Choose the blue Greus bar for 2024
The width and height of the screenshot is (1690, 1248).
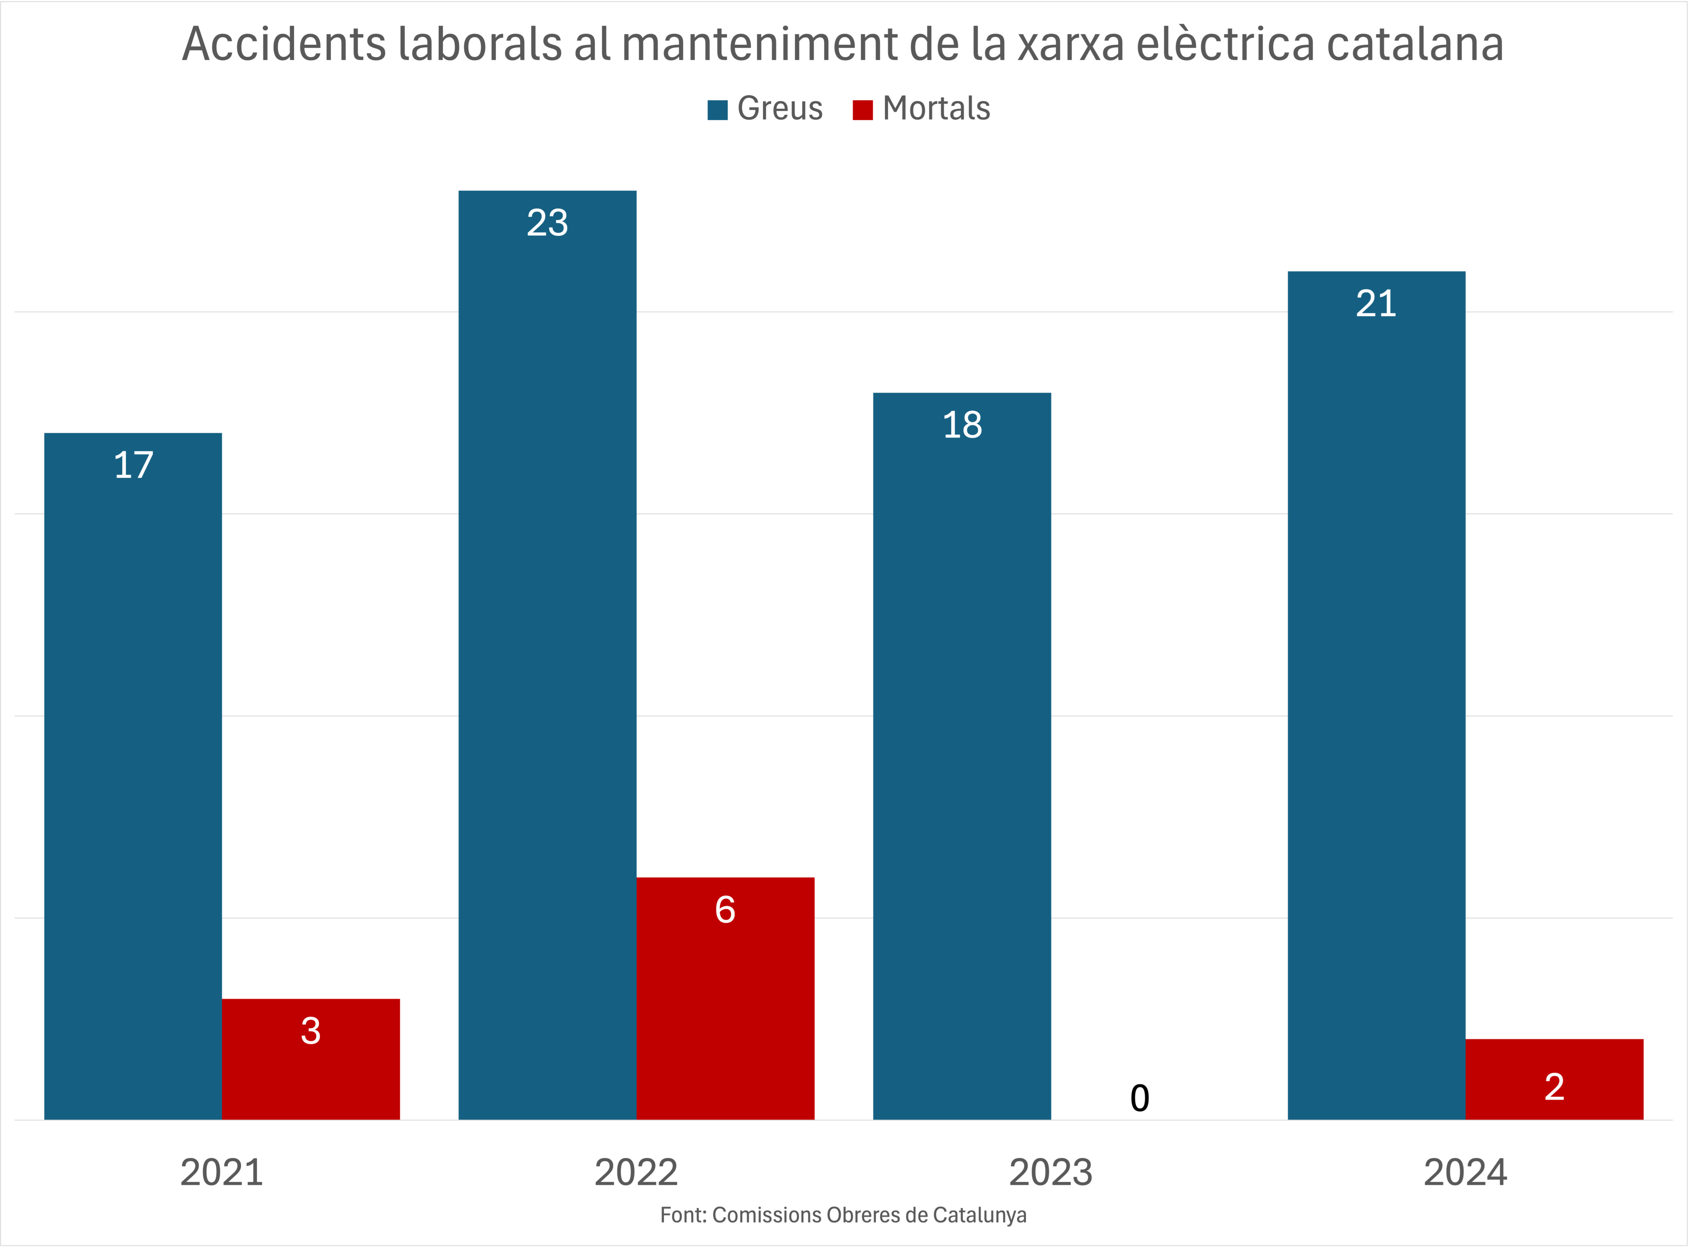(1376, 695)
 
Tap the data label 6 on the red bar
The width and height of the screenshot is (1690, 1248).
(725, 910)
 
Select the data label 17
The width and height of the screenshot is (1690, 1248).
(133, 465)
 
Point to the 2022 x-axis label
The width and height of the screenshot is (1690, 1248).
(636, 1173)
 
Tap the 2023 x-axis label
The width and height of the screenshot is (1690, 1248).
(1051, 1173)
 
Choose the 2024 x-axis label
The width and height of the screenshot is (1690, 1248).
(1465, 1173)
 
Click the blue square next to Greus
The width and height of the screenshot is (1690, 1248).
(717, 110)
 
